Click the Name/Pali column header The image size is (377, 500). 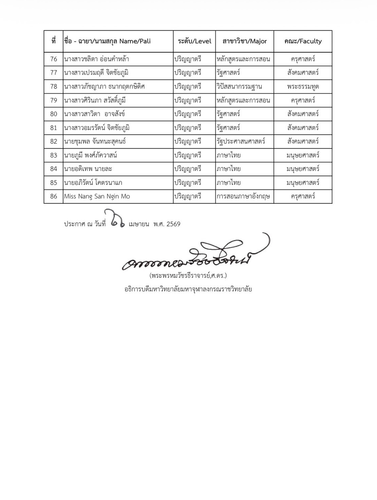pyautogui.click(x=107, y=41)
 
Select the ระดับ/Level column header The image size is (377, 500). pyautogui.click(x=194, y=41)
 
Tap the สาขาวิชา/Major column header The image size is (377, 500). pyautogui.click(x=245, y=41)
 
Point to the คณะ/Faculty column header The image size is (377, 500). pyautogui.click(x=303, y=41)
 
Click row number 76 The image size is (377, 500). pyautogui.click(x=54, y=59)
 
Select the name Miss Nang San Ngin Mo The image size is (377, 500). pyautogui.click(x=97, y=196)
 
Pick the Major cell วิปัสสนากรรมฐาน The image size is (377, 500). pyautogui.click(x=239, y=86)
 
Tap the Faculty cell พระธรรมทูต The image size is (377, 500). pyautogui.click(x=303, y=86)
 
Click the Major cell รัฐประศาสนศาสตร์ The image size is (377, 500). pyautogui.click(x=241, y=141)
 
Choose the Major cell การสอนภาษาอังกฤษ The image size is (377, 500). pyautogui.click(x=243, y=196)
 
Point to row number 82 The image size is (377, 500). pyautogui.click(x=54, y=141)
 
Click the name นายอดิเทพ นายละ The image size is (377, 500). pyautogui.click(x=88, y=169)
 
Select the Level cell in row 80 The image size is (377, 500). pyautogui.click(x=188, y=114)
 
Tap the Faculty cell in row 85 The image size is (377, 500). pyautogui.click(x=303, y=183)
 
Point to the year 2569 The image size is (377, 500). pyautogui.click(x=173, y=224)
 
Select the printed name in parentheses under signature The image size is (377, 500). pyautogui.click(x=188, y=275)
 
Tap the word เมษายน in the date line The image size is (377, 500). pyautogui.click(x=139, y=224)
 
